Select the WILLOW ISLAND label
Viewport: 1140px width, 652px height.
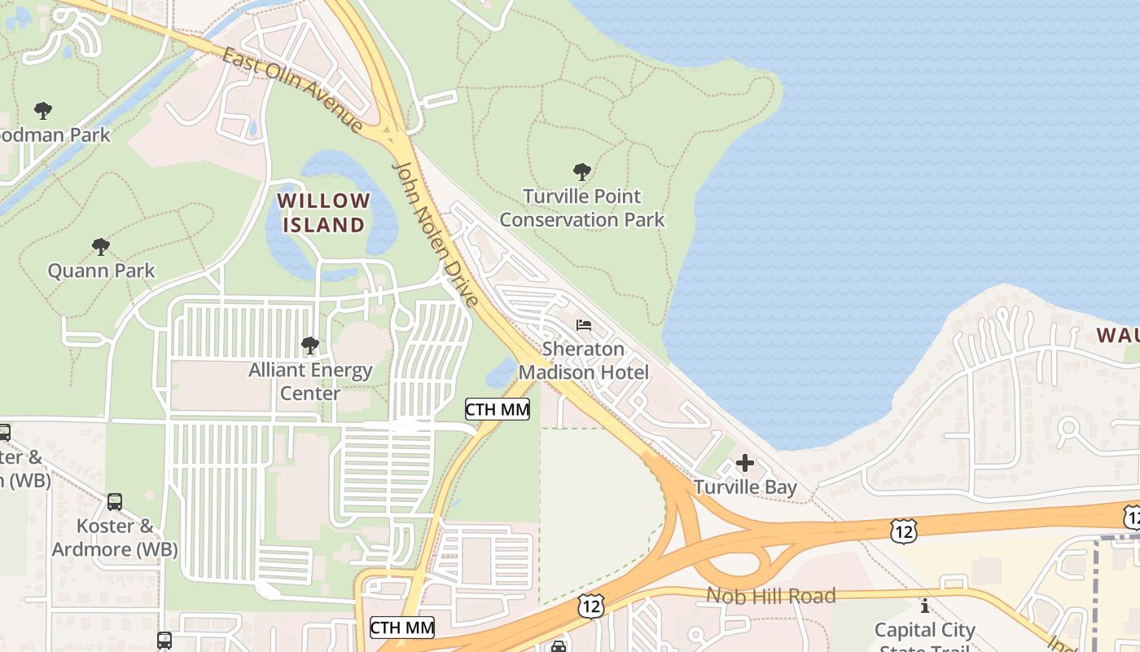[324, 212]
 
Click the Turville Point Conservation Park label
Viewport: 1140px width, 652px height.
[582, 208]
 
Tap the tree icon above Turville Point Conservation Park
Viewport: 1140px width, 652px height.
[582, 172]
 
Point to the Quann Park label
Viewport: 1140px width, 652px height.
[101, 271]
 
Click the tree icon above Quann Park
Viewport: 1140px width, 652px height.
[101, 246]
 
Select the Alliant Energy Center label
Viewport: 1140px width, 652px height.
[310, 381]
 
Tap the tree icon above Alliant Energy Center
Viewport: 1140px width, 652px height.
[310, 346]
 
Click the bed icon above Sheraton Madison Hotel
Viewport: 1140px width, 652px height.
[584, 325]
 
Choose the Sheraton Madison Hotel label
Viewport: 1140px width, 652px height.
[584, 361]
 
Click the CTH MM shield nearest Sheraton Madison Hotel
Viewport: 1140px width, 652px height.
[498, 409]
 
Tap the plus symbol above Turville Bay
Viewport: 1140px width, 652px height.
[745, 464]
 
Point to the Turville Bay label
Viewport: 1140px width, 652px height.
[745, 487]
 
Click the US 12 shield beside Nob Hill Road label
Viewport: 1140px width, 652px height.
[591, 606]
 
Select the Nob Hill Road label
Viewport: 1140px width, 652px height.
[770, 596]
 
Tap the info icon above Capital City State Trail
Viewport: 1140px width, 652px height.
[925, 606]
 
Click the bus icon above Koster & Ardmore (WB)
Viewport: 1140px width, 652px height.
[115, 502]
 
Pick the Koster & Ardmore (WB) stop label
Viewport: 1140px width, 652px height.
[114, 537]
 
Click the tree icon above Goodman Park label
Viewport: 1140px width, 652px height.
[43, 110]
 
